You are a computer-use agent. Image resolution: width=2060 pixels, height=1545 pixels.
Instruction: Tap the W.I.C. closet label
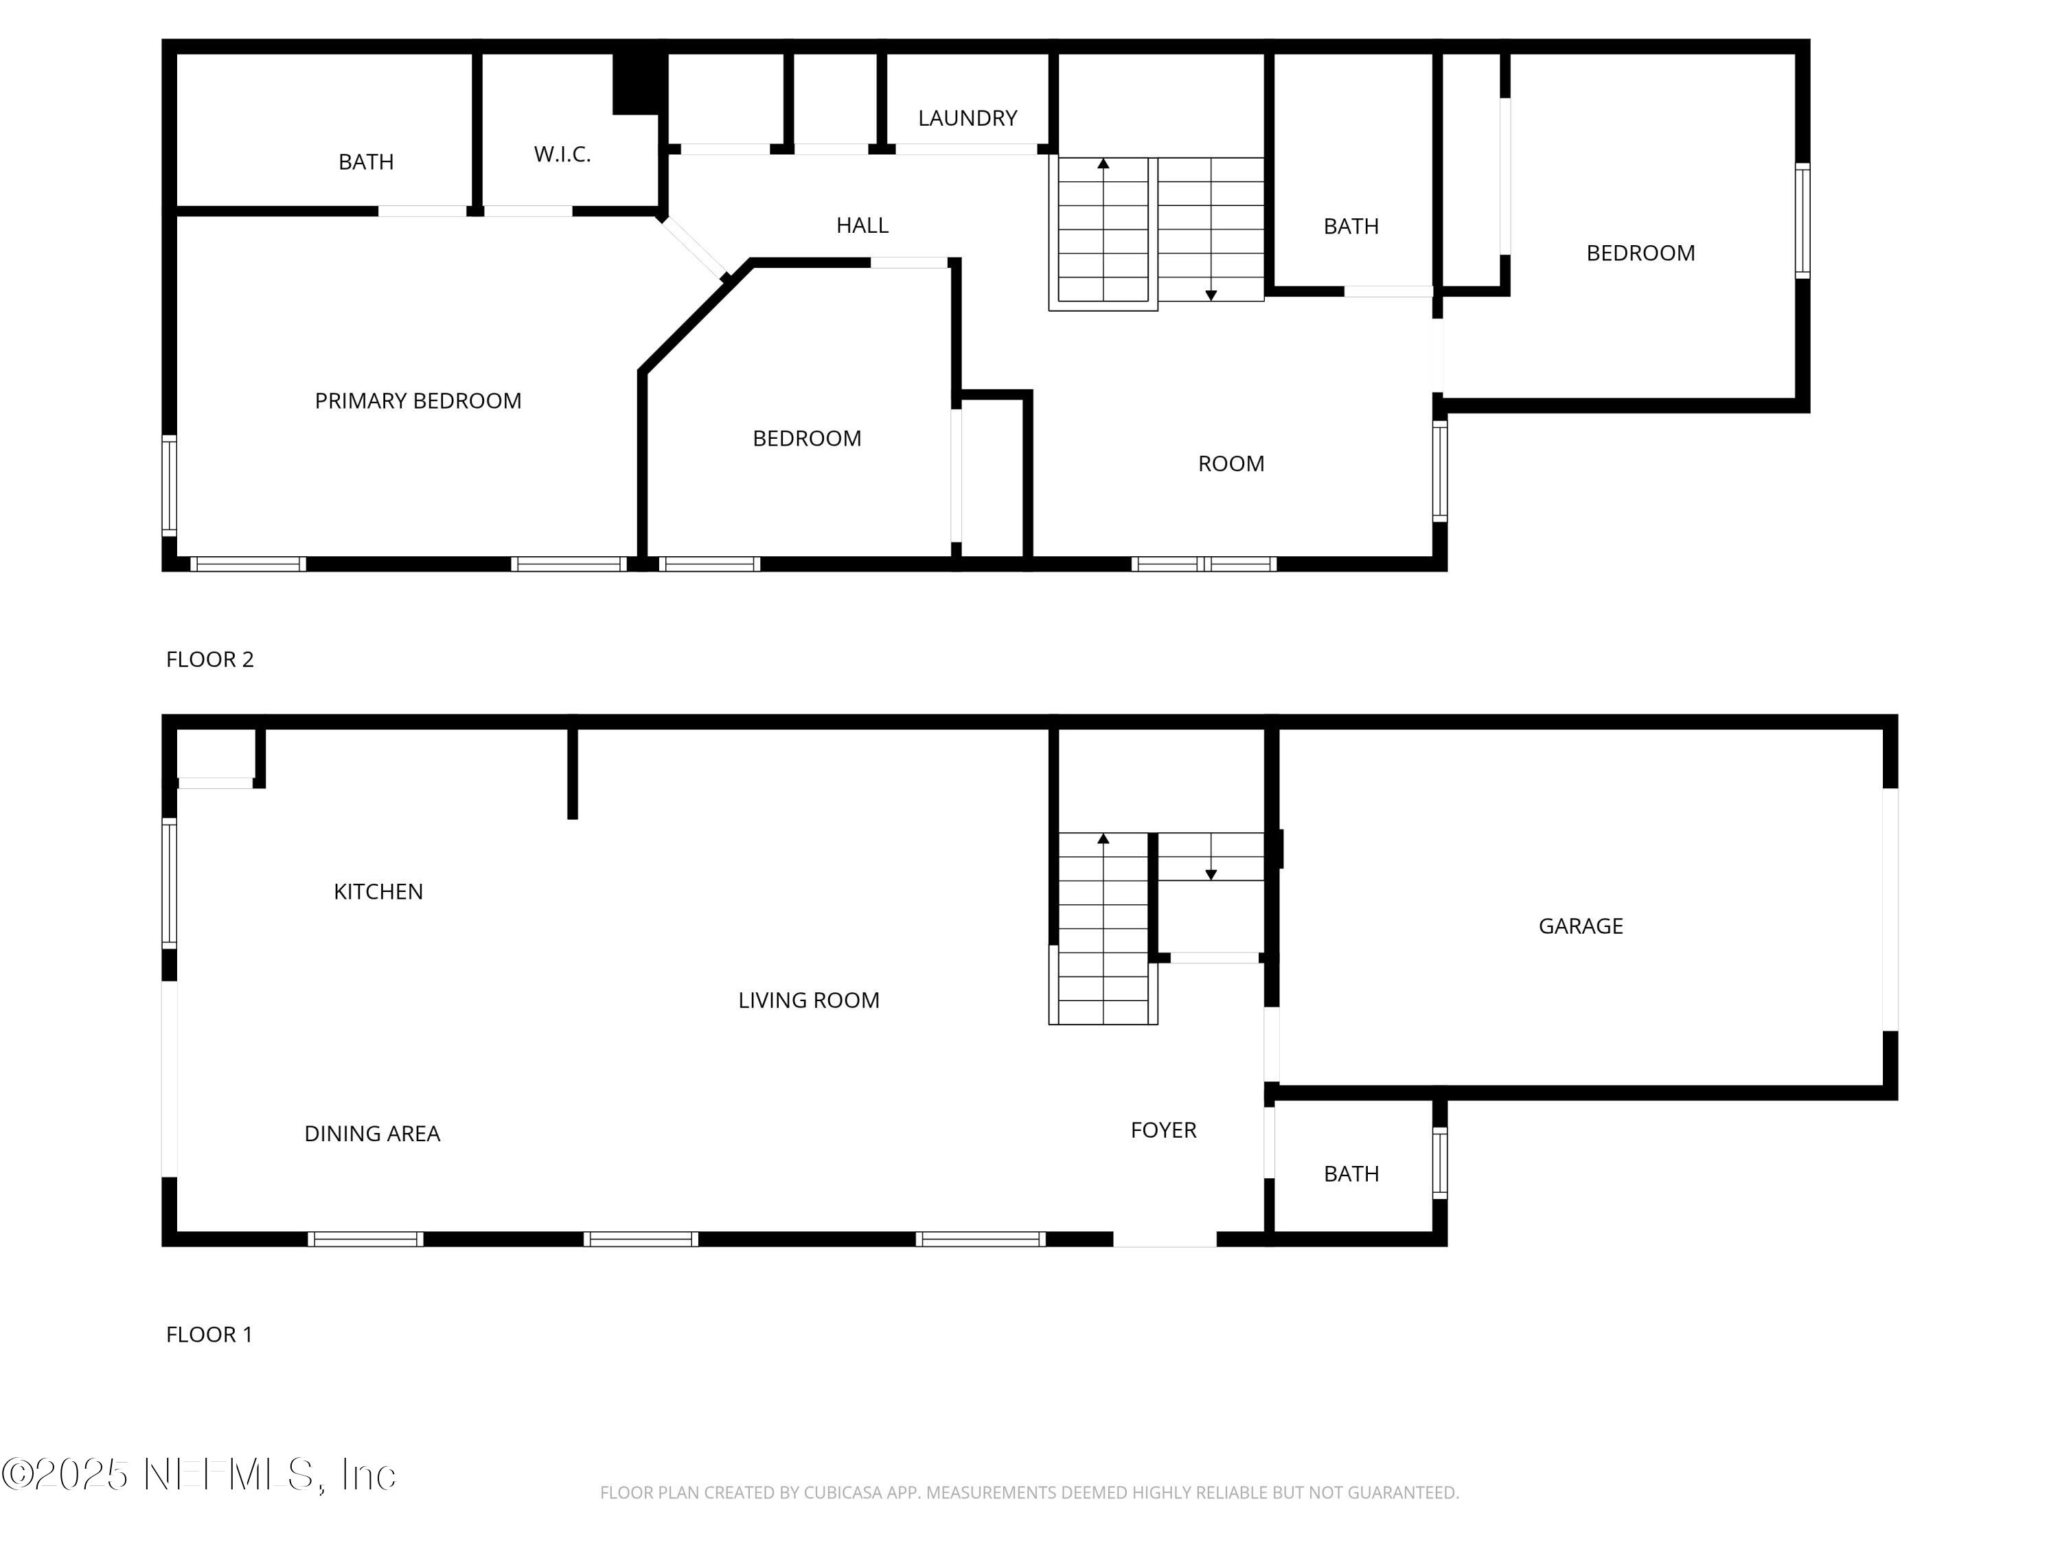(x=562, y=154)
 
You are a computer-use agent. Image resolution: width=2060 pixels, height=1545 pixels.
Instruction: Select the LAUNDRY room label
(x=967, y=118)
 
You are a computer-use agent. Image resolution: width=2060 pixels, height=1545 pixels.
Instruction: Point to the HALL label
(x=862, y=225)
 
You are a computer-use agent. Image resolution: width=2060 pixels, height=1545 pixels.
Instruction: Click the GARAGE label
(x=1581, y=926)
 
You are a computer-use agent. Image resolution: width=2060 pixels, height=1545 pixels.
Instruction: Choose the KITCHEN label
(x=378, y=891)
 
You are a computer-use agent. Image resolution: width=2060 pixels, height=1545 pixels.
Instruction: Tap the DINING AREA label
(x=371, y=1134)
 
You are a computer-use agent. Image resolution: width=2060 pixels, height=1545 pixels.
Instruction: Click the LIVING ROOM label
(x=808, y=1000)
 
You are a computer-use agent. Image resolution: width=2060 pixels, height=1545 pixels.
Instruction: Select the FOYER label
(x=1163, y=1130)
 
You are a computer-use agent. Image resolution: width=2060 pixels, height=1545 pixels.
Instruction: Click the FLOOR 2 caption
(x=209, y=659)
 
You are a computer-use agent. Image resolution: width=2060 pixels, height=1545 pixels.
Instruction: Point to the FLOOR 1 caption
(x=209, y=1334)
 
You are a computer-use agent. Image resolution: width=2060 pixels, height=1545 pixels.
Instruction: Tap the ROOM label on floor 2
(x=1231, y=463)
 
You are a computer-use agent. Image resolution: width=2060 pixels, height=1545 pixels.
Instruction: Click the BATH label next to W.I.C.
(x=366, y=162)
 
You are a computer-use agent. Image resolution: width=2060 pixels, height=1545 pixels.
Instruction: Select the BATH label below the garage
(x=1351, y=1174)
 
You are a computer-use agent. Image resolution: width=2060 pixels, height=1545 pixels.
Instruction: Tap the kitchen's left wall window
(x=170, y=883)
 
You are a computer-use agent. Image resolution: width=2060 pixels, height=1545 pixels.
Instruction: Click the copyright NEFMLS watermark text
(x=198, y=1474)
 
